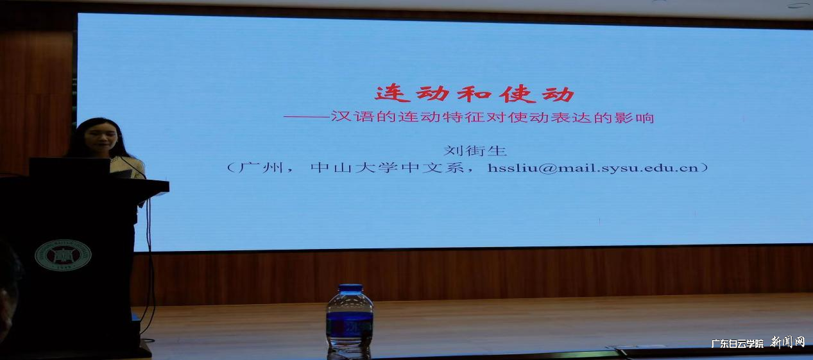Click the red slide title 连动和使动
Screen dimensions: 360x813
[x=475, y=94]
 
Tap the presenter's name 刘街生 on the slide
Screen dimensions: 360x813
[x=475, y=151]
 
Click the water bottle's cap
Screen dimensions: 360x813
[x=350, y=289]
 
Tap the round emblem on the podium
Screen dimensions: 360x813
[x=63, y=255]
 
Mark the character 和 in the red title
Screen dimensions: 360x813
[x=475, y=94]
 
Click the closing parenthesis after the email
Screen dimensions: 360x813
[x=705, y=168]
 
